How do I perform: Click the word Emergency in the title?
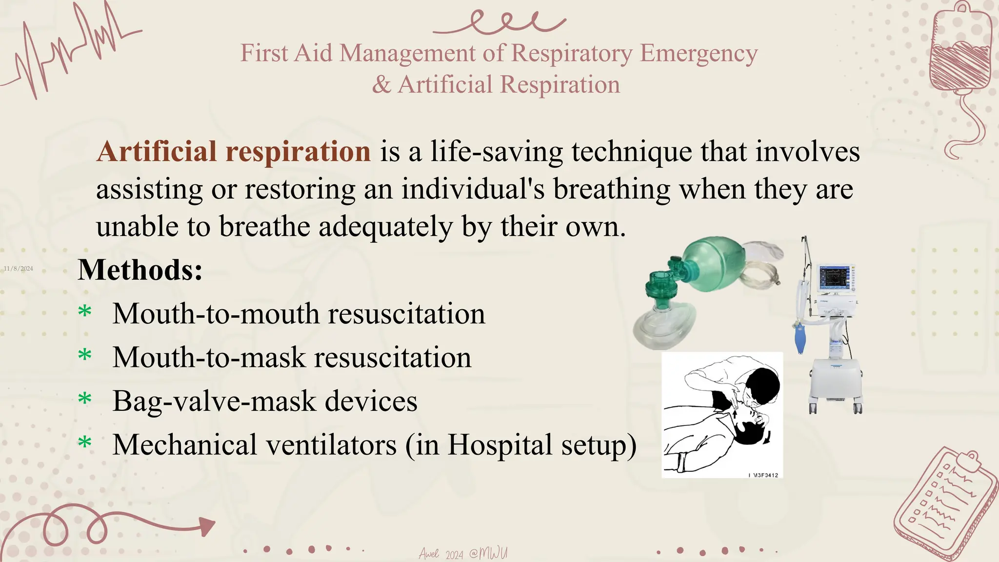point(699,54)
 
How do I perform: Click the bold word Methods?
point(140,270)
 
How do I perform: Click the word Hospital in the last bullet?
point(499,445)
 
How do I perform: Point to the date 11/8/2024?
point(19,269)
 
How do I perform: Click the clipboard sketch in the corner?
point(946,502)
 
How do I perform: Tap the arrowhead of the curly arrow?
point(207,526)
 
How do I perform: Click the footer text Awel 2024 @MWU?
point(463,554)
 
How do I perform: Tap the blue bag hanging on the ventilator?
point(800,339)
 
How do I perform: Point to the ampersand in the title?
point(381,85)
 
